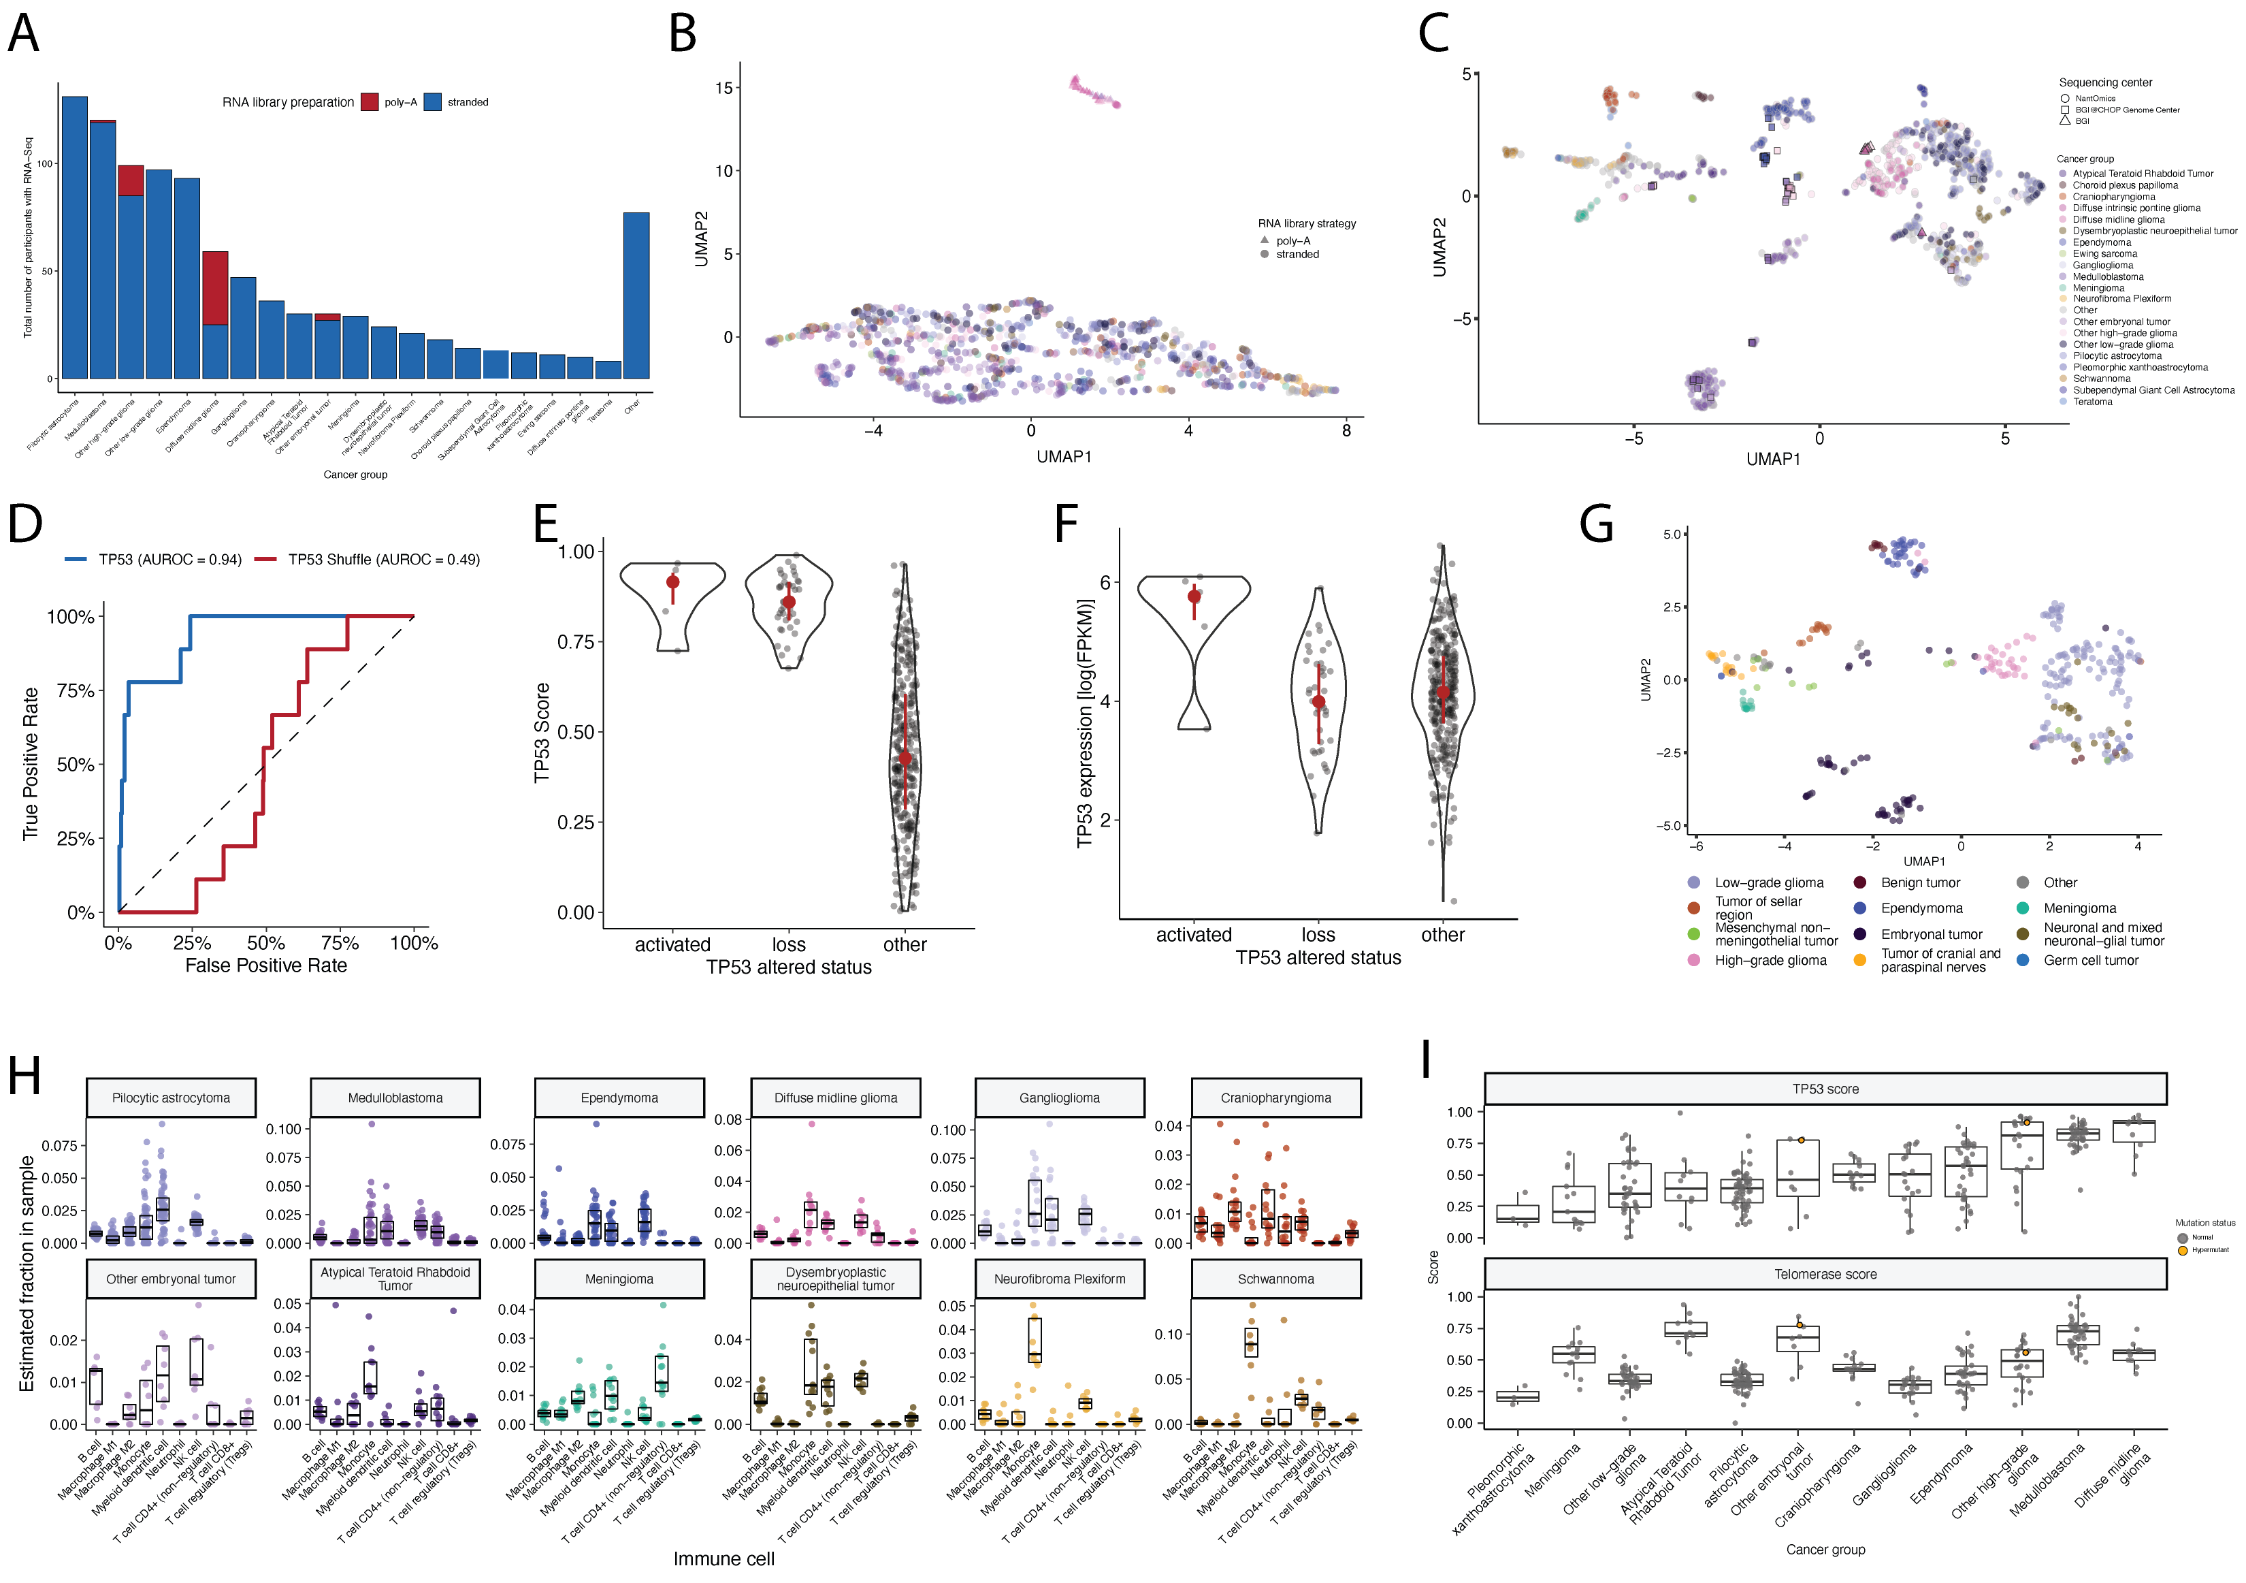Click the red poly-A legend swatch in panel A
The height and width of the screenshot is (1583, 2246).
pos(369,101)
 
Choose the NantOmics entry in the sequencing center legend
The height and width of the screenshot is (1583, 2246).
pos(2094,98)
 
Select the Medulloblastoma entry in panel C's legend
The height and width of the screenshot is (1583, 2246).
pos(2107,277)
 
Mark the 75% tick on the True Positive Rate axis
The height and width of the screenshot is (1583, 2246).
pos(76,690)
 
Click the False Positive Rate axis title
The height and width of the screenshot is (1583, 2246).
pos(266,965)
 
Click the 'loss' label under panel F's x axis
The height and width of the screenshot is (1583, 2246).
pos(1318,934)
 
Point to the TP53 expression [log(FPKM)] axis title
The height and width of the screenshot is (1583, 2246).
pos(1084,723)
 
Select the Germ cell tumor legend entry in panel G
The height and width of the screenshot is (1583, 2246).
pos(2089,960)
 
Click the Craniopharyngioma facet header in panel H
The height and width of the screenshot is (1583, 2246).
pos(1275,1098)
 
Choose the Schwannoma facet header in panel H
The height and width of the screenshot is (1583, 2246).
pos(1275,1279)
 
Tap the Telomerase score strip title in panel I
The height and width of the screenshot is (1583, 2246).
pos(1825,1274)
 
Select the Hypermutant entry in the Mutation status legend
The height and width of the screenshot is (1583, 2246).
pos(2209,1249)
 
